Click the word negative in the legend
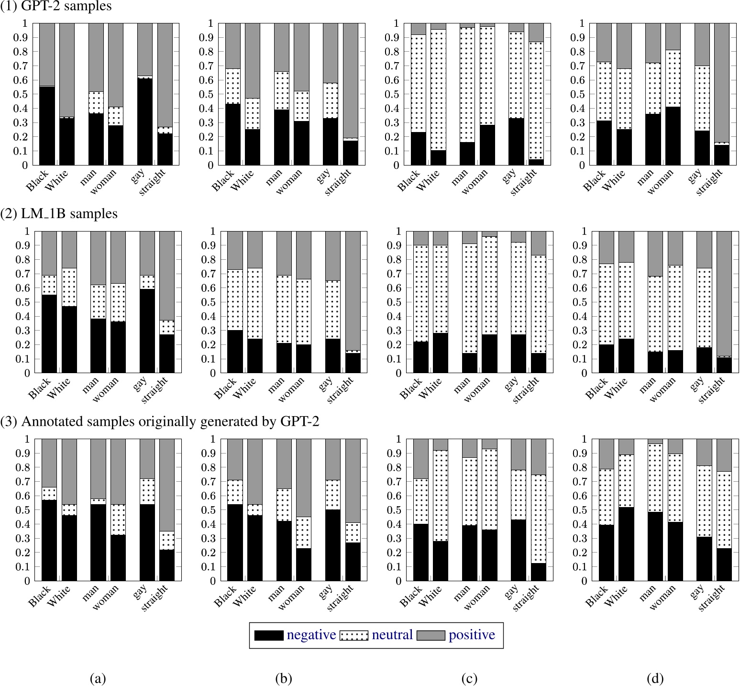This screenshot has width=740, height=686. pyautogui.click(x=311, y=635)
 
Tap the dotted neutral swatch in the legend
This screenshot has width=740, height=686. pyautogui.click(x=353, y=635)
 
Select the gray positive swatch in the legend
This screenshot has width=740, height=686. pyautogui.click(x=431, y=635)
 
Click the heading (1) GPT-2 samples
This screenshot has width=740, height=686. pyautogui.click(x=56, y=6)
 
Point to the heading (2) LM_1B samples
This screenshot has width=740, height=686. pyautogui.click(x=59, y=213)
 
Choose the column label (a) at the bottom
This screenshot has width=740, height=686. pyautogui.click(x=98, y=678)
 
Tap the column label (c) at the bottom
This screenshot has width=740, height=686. pyautogui.click(x=469, y=678)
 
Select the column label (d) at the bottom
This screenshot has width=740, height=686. pyautogui.click(x=655, y=678)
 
